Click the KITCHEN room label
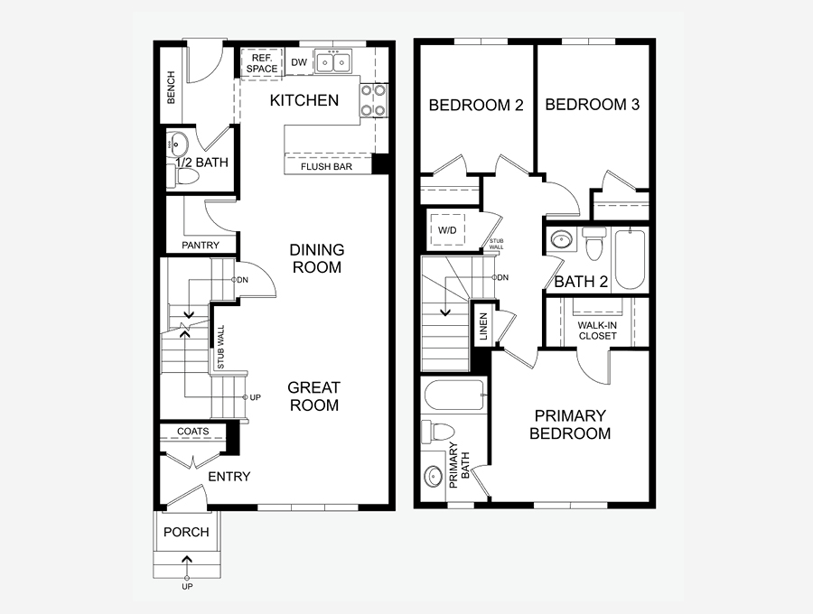click(304, 100)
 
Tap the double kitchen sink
click(332, 62)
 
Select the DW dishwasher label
click(299, 62)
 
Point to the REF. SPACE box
click(262, 64)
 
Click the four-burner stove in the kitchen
click(374, 100)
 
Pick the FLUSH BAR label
click(327, 167)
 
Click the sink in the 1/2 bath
click(177, 142)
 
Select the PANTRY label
click(201, 245)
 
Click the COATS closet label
click(193, 431)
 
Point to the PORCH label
click(186, 532)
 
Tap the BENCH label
click(171, 88)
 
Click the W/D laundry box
click(447, 229)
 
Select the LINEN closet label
click(483, 326)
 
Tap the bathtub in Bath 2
click(631, 259)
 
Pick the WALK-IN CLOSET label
click(597, 330)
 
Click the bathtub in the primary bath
click(454, 395)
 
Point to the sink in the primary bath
click(433, 476)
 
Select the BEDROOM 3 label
click(592, 105)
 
